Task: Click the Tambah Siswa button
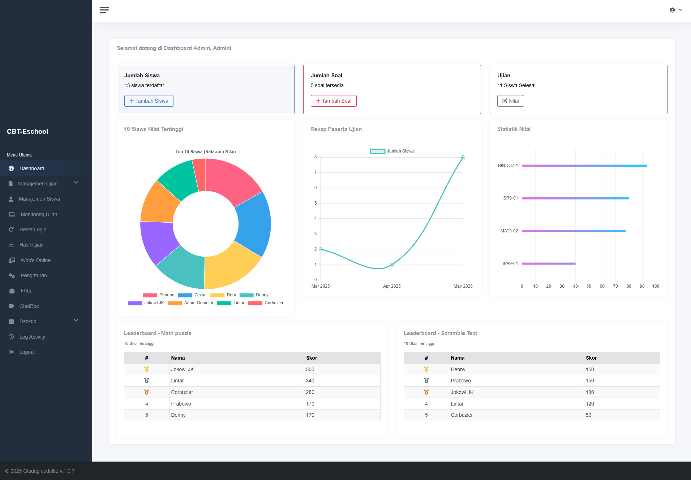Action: [x=149, y=101]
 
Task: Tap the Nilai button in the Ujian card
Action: [x=510, y=101]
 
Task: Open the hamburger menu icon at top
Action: [x=104, y=10]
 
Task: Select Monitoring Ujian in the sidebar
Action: [x=39, y=214]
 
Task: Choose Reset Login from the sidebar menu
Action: [x=33, y=230]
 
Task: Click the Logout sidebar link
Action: [x=27, y=352]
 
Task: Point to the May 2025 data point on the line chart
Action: [x=463, y=157]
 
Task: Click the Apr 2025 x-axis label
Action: [x=392, y=286]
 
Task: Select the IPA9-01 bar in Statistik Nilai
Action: [x=549, y=263]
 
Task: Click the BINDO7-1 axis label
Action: [x=508, y=166]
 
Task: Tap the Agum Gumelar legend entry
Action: [x=191, y=303]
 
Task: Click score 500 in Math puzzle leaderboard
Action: [x=310, y=369]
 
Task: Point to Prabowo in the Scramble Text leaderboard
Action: [x=461, y=381]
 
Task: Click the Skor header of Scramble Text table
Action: [x=591, y=358]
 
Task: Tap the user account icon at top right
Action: [x=673, y=10]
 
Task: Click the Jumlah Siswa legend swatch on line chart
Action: [x=377, y=151]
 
